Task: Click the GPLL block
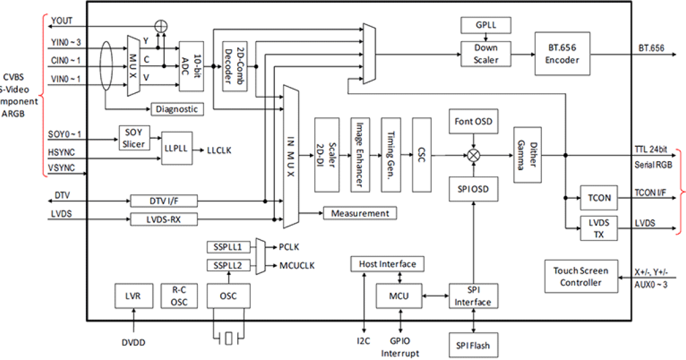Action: (485, 26)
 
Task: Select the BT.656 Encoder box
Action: (562, 54)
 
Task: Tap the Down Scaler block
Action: (485, 54)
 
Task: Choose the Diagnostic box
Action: (177, 109)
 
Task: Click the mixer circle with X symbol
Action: (473, 154)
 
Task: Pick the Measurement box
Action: (360, 213)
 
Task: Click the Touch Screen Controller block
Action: (580, 277)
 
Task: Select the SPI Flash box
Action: (472, 346)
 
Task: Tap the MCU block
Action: (398, 295)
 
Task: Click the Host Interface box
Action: (387, 264)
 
